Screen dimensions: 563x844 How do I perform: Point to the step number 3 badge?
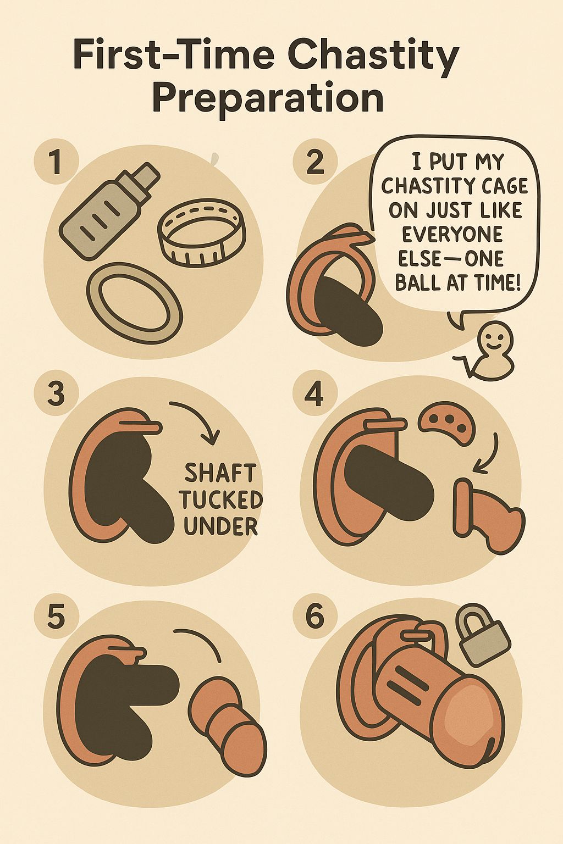click(x=57, y=395)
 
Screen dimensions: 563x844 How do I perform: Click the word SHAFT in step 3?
click(x=221, y=474)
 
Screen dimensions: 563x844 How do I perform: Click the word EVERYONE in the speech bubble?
click(x=453, y=235)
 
